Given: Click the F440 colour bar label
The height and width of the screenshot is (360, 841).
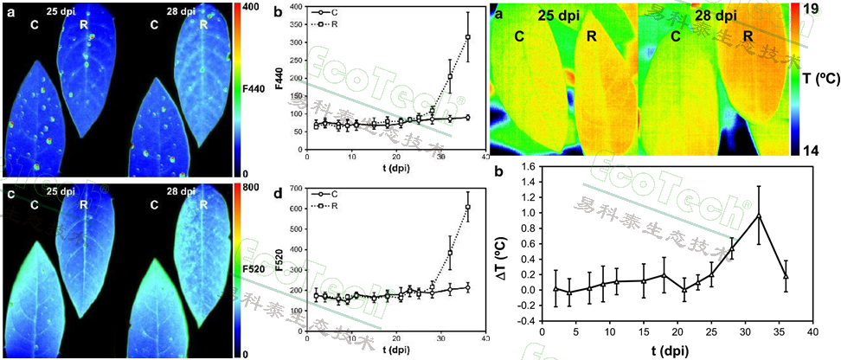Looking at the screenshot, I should click(254, 88).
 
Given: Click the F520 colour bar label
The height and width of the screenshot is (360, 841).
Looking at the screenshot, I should click(254, 270).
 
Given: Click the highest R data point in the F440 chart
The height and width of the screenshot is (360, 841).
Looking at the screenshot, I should click(468, 37).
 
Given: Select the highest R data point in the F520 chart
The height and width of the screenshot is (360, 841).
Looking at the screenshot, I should click(468, 207).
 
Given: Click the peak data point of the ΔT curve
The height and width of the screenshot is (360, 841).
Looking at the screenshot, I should click(759, 215).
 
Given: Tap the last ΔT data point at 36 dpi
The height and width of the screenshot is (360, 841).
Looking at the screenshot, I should click(785, 276).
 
